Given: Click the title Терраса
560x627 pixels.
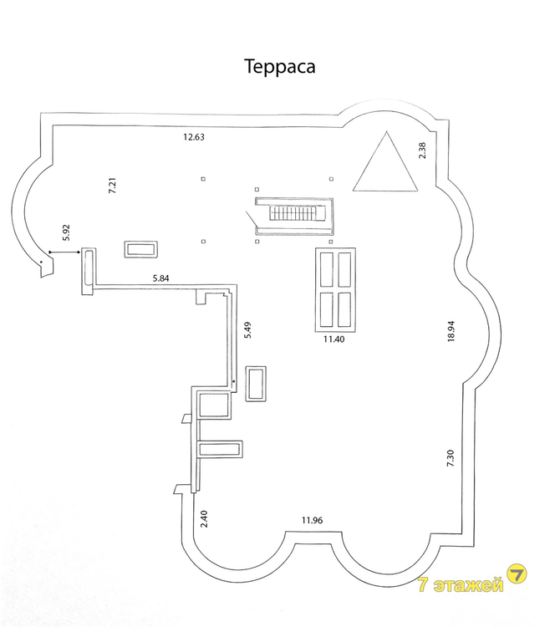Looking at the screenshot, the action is click(279, 66).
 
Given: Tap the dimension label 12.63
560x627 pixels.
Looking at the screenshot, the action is click(194, 137).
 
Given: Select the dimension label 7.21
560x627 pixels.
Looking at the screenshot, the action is click(113, 186).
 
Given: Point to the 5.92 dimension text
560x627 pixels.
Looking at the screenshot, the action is click(66, 232).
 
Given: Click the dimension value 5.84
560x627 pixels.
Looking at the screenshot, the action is click(160, 278).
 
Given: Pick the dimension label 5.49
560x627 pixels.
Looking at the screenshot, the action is click(248, 330).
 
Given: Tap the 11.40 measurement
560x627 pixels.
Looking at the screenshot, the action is click(333, 339).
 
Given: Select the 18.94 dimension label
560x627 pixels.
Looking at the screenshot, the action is click(451, 331).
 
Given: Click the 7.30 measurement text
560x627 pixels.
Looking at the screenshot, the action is click(451, 458).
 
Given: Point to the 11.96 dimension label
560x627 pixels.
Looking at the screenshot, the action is click(312, 520).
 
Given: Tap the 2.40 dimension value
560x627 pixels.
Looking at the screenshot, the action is click(204, 518).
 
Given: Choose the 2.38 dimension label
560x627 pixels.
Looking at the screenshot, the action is click(422, 150).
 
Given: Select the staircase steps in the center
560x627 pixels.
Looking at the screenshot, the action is click(295, 212).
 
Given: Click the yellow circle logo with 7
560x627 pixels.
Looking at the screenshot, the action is click(517, 574).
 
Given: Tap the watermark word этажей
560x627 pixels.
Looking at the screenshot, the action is click(468, 585).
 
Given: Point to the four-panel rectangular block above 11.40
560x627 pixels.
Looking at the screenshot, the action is click(335, 289).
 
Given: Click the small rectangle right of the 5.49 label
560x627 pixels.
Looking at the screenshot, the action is click(256, 384).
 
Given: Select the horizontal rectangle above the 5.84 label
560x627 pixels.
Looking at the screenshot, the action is click(140, 249).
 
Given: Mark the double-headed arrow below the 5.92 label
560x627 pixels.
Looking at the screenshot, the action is click(64, 252).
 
